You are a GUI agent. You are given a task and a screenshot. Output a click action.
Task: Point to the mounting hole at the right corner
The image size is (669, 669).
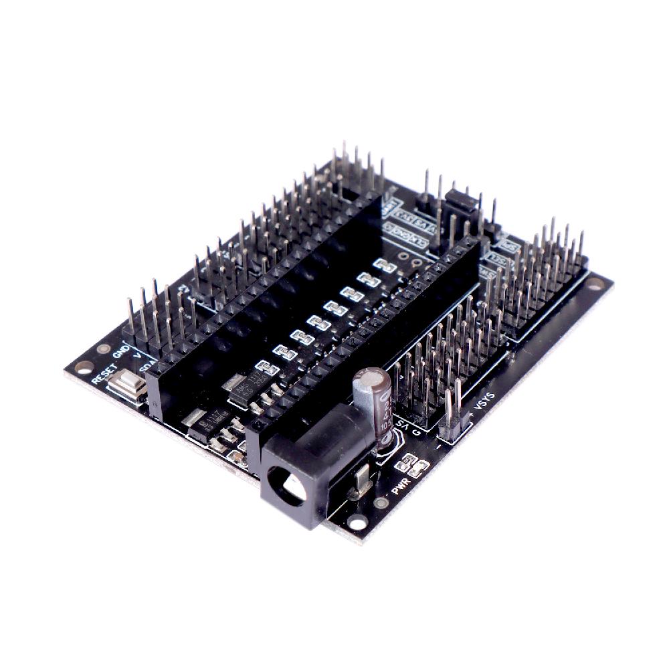[x=594, y=289]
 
